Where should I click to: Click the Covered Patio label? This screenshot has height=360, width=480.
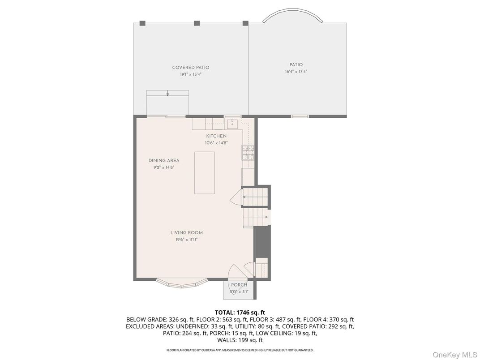tap(191, 68)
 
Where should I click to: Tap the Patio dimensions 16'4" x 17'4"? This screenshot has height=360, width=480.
tap(296, 72)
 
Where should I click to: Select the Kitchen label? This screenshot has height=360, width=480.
tap(216, 136)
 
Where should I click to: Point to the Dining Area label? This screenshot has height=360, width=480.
tap(164, 161)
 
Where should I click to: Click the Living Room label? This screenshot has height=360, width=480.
tap(186, 233)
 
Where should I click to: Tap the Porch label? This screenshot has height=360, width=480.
tap(239, 285)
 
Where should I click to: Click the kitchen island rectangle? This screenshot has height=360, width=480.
tap(205, 173)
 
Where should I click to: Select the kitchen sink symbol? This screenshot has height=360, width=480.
tap(233, 124)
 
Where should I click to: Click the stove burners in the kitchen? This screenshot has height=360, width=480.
tap(248, 153)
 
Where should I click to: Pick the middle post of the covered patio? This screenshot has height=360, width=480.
tap(197, 23)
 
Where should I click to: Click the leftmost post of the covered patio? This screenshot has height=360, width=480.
tap(142, 23)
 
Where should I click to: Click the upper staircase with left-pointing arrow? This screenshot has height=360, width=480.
tap(255, 197)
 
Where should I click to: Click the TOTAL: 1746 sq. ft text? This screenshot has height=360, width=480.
tap(240, 313)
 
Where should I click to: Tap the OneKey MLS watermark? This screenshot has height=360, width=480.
tap(454, 355)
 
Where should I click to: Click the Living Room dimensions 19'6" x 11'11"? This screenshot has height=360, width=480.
tap(186, 240)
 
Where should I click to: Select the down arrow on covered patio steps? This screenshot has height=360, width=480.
tap(167, 93)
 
